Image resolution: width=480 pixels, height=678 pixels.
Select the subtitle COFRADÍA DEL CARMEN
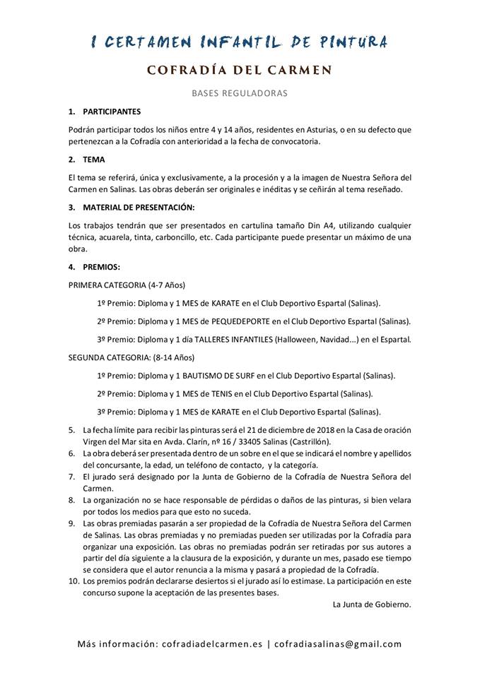240,71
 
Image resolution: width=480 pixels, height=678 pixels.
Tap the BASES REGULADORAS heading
240,93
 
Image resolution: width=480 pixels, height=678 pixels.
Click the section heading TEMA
94,160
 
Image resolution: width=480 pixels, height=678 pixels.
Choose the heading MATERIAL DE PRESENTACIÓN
139,207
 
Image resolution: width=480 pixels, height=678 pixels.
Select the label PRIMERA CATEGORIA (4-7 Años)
126,285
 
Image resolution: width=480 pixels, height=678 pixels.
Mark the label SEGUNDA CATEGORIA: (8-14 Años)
131,357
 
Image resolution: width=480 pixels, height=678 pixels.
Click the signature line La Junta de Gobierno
372,605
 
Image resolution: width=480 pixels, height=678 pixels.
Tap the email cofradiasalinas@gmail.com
338,644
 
